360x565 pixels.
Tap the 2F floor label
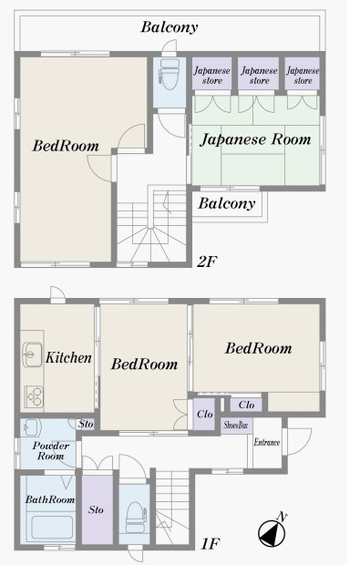pyautogui.click(x=207, y=262)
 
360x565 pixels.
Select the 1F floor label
pyautogui.click(x=211, y=543)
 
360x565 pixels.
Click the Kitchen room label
pyautogui.click(x=68, y=357)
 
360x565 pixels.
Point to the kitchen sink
pyautogui.click(x=32, y=354)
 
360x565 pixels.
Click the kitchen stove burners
pyautogui.click(x=34, y=396)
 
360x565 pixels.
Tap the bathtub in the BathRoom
pyautogui.click(x=52, y=528)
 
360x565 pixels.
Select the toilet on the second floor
pyautogui.click(x=170, y=74)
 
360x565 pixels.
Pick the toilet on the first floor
pyautogui.click(x=136, y=518)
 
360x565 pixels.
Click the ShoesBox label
pyautogui.click(x=236, y=426)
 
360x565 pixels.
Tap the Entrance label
pyautogui.click(x=267, y=442)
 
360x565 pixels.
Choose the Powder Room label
pyautogui.click(x=51, y=451)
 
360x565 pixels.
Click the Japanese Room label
pyautogui.click(x=255, y=139)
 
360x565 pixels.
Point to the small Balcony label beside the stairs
pyautogui.click(x=227, y=203)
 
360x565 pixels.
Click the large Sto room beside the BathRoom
pyautogui.click(x=98, y=509)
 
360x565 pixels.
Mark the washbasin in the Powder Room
pyautogui.click(x=32, y=427)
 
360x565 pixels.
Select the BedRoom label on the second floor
pyautogui.click(x=66, y=146)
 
